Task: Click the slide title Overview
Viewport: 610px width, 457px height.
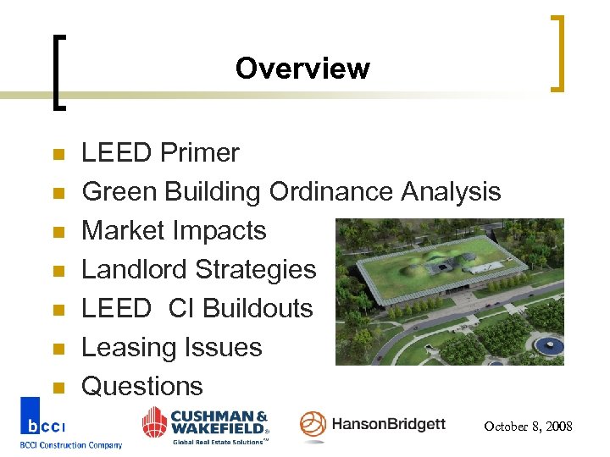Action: (302, 69)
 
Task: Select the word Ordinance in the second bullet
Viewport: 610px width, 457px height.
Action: (330, 192)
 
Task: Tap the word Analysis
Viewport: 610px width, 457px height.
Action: (451, 192)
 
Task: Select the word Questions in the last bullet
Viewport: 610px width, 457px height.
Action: (142, 387)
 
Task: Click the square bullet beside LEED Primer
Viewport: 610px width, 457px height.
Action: (58, 155)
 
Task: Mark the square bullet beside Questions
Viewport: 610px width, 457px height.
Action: (58, 388)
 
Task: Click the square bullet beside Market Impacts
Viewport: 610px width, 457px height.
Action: (58, 233)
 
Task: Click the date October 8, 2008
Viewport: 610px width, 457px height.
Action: (528, 427)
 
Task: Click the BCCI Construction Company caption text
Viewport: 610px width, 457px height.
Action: (71, 445)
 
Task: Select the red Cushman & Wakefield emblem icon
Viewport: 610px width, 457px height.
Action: (155, 422)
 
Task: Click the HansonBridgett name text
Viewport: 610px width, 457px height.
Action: (388, 424)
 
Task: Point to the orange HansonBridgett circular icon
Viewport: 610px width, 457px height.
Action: (313, 425)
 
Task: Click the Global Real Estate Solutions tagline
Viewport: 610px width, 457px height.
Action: (219, 441)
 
